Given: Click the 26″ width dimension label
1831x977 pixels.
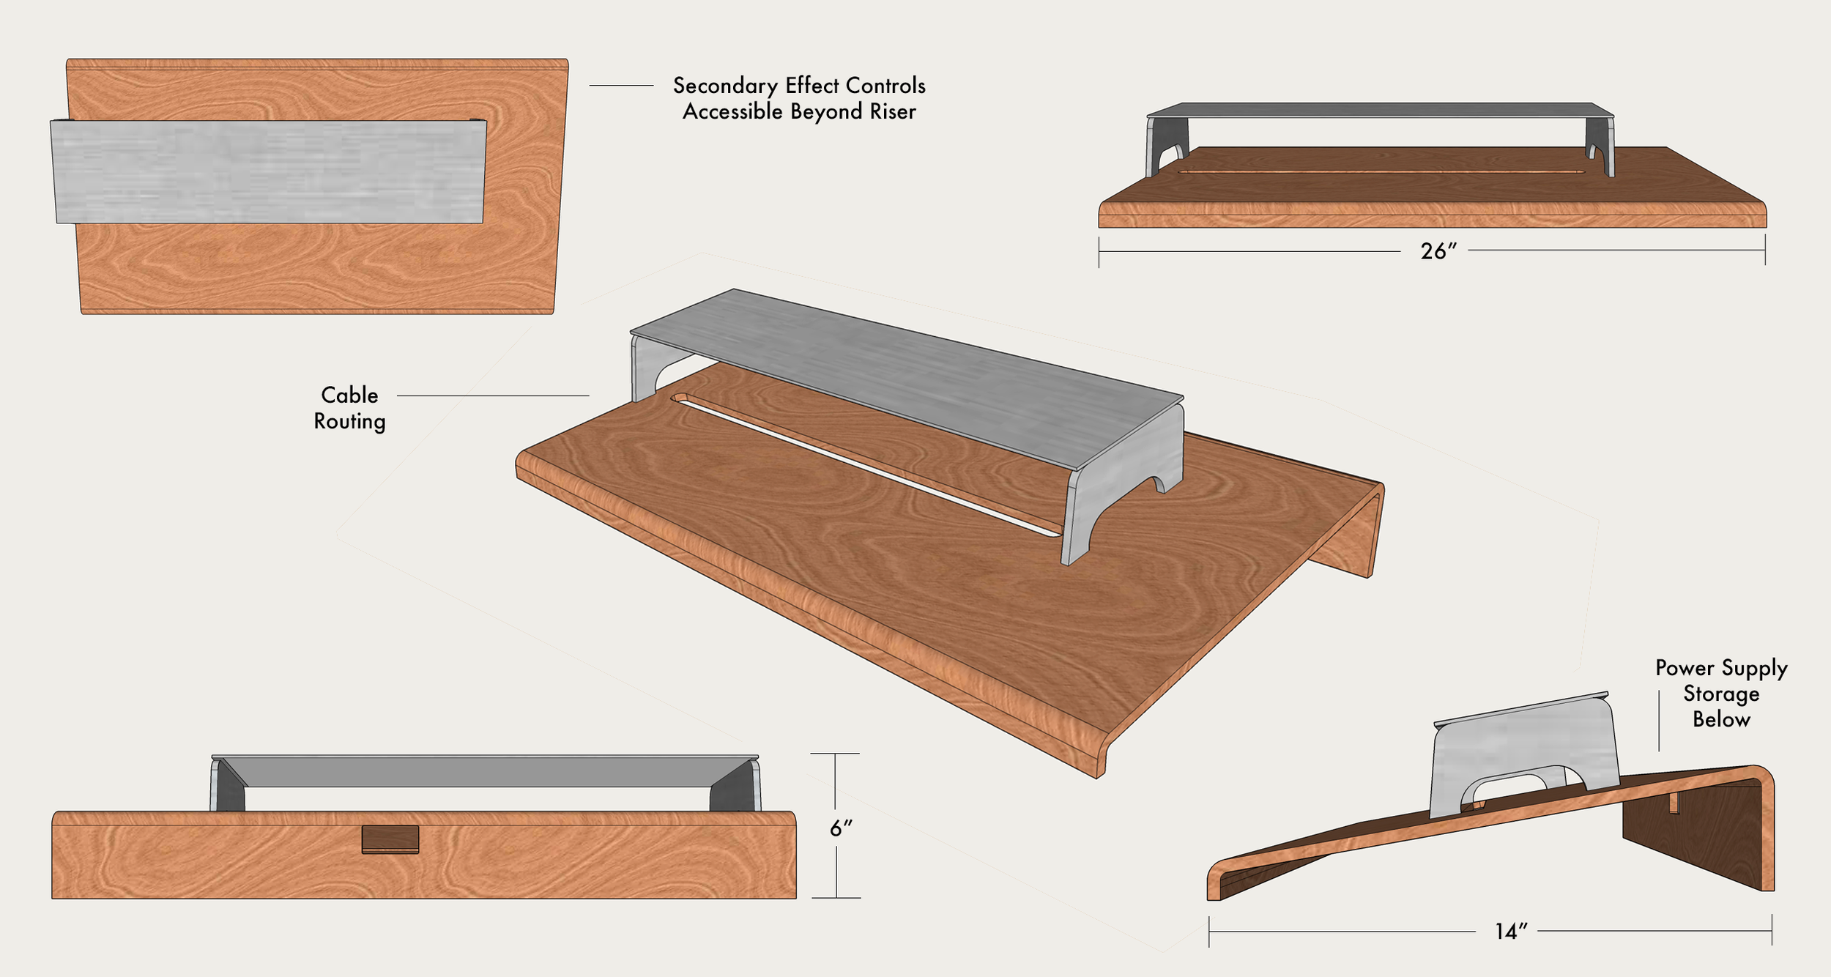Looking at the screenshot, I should point(1438,251).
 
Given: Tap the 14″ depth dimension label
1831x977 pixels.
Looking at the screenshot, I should point(1511,932).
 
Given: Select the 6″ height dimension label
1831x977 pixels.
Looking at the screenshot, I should point(841,828).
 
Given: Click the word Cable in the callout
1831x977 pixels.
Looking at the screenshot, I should point(349,395).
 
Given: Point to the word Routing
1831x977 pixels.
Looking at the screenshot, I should point(349,422).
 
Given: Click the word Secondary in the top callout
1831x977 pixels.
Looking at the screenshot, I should point(725,86).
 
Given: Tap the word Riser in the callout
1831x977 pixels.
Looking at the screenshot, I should point(893,112).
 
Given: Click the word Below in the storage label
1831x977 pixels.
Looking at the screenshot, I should point(1721,720).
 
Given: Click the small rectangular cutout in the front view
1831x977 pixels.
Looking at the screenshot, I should point(390,839).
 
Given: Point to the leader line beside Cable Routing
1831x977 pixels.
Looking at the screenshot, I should point(492,395).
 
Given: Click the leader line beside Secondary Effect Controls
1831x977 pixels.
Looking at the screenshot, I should point(621,86).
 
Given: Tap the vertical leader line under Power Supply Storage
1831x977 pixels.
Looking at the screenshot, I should point(1659,721).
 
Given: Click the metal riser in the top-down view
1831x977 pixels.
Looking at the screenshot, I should point(269,171).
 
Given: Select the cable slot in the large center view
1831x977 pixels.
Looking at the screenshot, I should point(864,465).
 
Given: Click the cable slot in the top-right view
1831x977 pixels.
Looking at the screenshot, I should point(1381,173).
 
